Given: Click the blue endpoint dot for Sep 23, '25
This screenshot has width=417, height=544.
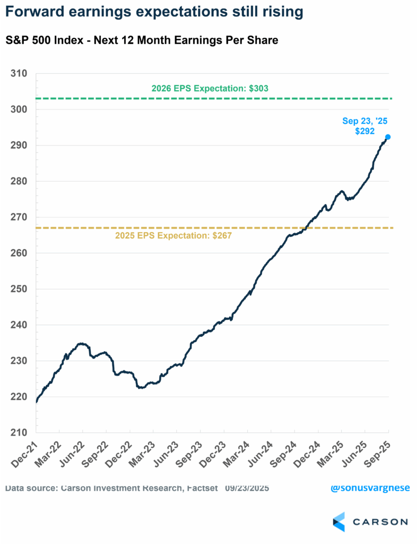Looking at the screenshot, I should pos(388,137).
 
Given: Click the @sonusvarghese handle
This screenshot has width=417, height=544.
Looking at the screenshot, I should pos(370,488).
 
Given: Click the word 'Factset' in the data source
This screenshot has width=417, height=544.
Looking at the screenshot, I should pos(201,488).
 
